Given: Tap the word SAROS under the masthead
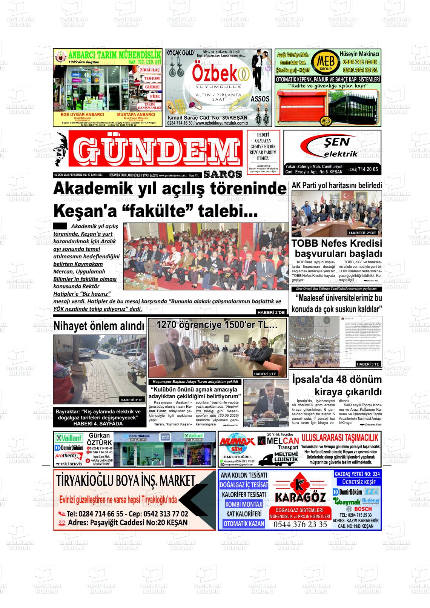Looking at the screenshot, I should [x=223, y=174].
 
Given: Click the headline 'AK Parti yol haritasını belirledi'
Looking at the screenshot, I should [x=337, y=185].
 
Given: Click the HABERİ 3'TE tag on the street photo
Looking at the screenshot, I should [x=132, y=400].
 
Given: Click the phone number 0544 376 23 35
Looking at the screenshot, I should [x=300, y=524].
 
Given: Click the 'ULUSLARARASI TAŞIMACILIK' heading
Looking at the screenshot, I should [x=340, y=438].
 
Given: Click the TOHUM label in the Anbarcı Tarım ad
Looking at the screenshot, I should [x=152, y=78].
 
